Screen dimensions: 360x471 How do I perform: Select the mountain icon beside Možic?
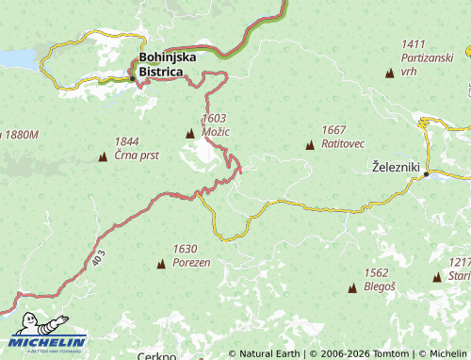190,134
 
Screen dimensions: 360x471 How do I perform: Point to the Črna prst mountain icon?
103,156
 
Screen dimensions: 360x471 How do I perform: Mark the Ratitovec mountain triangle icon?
310,145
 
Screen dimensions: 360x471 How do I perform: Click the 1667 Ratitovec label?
341,137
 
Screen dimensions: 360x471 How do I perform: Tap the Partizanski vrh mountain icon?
389,74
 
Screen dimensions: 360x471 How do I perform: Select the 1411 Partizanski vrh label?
421,57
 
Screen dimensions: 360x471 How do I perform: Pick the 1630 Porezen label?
191,255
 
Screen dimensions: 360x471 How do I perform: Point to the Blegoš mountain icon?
352,288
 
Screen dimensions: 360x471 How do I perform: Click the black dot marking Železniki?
427,174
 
